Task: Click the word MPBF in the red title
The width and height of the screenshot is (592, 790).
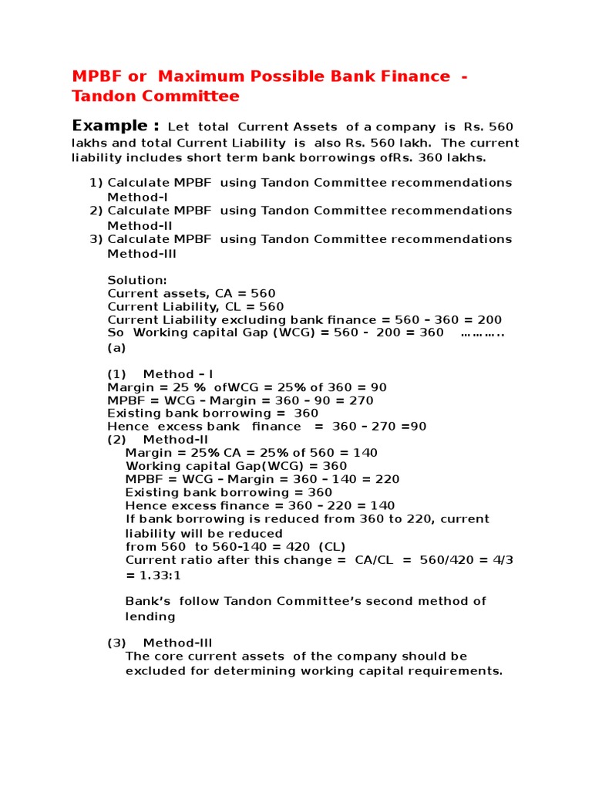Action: (96, 76)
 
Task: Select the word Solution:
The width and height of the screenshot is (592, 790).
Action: (136, 279)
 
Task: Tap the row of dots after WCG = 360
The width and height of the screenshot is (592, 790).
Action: (483, 333)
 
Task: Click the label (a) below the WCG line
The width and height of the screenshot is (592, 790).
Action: (116, 347)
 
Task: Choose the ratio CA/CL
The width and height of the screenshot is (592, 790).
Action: (374, 560)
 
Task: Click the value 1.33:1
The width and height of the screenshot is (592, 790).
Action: (160, 575)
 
